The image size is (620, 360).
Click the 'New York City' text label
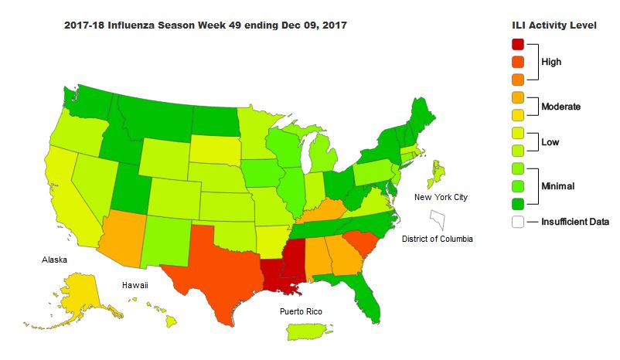[x=441, y=197]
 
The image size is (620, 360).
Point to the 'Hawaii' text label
[x=135, y=285]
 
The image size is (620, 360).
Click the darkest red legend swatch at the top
[x=518, y=44]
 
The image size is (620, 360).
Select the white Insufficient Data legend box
[x=518, y=222]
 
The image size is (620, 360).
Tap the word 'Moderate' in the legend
[x=560, y=106]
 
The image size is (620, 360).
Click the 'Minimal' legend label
[x=558, y=185]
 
